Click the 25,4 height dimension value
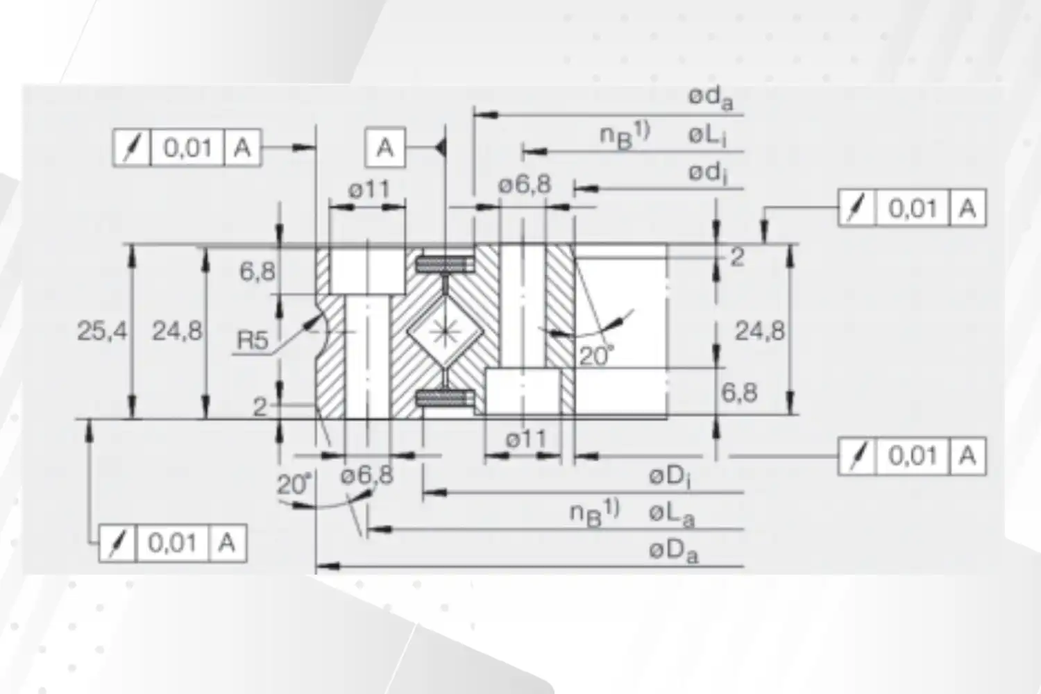point(101,332)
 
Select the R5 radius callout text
point(253,341)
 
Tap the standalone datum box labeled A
point(385,147)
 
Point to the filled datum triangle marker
point(440,147)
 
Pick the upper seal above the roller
point(445,264)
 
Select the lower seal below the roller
point(445,398)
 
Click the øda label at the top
point(710,98)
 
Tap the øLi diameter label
point(707,135)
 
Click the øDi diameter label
point(670,477)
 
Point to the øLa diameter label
point(671,514)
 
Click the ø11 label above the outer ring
point(369,189)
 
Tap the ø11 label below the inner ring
point(525,439)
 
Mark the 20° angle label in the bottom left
point(295,484)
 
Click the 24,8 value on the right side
point(760,331)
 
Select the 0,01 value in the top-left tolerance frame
point(187,148)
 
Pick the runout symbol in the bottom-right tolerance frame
point(858,456)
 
